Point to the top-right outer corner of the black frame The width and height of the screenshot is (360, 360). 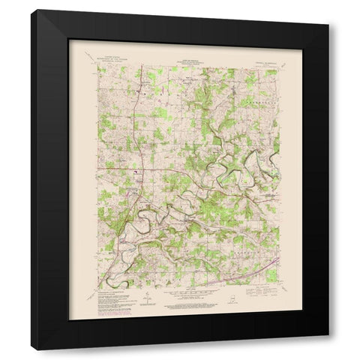(328, 10)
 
